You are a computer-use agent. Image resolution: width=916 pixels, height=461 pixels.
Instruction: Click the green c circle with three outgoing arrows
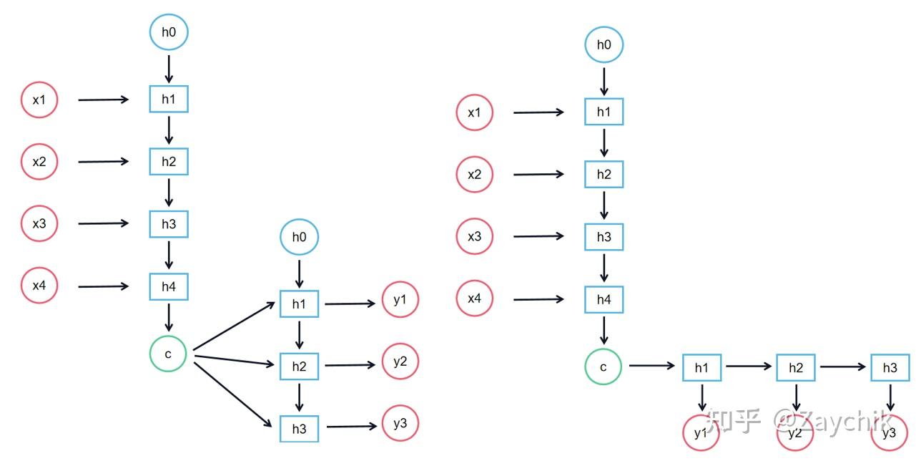(168, 354)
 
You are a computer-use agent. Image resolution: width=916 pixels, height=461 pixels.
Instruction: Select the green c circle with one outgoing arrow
(603, 367)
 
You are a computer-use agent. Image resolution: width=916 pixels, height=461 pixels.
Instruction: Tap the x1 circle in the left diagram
(39, 100)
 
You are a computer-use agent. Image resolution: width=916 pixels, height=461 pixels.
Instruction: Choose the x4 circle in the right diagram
(475, 299)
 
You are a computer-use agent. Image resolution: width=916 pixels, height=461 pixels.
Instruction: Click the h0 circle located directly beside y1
(299, 238)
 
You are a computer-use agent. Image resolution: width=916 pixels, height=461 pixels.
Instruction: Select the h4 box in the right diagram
(604, 300)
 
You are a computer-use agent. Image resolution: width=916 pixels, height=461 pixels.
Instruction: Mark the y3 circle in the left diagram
(400, 424)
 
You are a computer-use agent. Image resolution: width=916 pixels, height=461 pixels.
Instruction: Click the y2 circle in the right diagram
(795, 433)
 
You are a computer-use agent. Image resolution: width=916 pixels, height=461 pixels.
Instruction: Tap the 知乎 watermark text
(733, 422)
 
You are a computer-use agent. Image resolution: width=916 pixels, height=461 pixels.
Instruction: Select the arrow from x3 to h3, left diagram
(103, 224)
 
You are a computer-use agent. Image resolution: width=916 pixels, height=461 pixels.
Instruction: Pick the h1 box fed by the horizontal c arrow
(701, 368)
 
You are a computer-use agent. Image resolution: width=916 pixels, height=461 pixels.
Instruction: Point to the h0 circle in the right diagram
(604, 45)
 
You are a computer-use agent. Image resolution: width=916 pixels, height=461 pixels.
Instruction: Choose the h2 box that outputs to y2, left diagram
(299, 367)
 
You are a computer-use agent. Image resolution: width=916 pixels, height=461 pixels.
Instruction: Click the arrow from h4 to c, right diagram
(604, 330)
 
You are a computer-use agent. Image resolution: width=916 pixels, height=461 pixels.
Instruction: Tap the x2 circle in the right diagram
(475, 175)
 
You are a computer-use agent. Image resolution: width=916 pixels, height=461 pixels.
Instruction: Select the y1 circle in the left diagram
(400, 300)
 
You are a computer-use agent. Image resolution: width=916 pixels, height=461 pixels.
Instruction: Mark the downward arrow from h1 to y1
(702, 397)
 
